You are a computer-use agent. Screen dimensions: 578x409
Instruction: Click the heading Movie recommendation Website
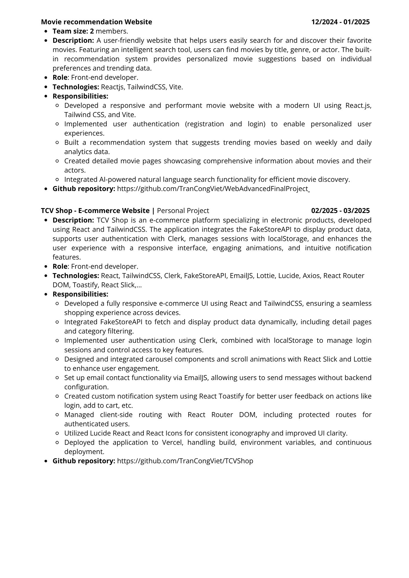coord(96,22)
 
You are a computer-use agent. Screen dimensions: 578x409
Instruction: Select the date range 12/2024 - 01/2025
coord(340,22)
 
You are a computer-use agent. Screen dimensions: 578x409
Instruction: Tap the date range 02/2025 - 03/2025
coord(340,211)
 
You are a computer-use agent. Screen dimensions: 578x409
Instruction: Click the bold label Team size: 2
coord(73,31)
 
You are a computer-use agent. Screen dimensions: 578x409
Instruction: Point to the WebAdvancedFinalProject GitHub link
coord(213,189)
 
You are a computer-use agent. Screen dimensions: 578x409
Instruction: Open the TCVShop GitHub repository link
coord(185,461)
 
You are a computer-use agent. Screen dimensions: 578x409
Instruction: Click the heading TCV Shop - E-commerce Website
coord(95,211)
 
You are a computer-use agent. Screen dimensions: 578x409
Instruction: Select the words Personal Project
coord(183,211)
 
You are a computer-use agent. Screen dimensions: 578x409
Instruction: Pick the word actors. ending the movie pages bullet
coord(75,170)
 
